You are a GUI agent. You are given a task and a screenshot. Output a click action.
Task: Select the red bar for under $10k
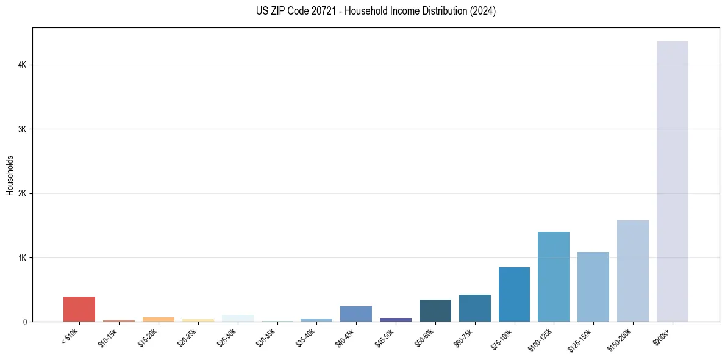point(79,309)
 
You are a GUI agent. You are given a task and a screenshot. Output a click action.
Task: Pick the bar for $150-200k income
point(632,271)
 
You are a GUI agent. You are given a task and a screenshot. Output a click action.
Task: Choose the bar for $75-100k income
point(514,294)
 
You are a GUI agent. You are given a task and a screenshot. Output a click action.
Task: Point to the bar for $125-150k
point(593,287)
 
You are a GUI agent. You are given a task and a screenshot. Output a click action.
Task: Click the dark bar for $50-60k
point(435,311)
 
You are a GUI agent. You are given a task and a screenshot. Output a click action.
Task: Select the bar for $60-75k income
point(474,308)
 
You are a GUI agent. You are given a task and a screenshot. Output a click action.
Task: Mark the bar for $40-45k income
point(356,314)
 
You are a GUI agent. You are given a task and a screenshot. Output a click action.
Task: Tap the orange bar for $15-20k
point(159,319)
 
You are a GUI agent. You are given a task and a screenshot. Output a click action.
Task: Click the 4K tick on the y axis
point(22,65)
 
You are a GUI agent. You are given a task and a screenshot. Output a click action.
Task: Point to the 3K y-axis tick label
point(22,129)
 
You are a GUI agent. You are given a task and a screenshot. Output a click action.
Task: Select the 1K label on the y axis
point(22,257)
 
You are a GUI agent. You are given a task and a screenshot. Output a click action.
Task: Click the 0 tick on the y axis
point(24,322)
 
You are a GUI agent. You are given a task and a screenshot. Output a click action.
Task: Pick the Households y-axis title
point(10,175)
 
